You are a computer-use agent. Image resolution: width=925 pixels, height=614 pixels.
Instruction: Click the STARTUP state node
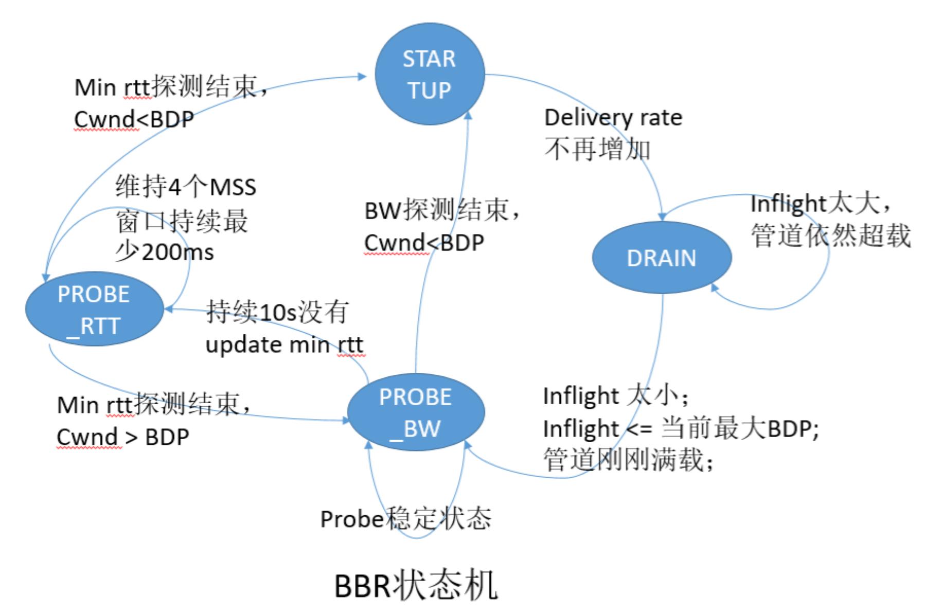point(430,74)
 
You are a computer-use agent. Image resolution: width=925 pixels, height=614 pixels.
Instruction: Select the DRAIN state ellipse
point(662,258)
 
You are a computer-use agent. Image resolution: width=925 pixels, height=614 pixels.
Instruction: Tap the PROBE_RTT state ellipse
point(94,309)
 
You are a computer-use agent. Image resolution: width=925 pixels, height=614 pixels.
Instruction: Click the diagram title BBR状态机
point(416,586)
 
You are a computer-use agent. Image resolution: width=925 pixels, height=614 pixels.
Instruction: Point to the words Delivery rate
point(613,118)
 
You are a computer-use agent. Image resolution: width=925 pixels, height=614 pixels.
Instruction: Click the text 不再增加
point(597,150)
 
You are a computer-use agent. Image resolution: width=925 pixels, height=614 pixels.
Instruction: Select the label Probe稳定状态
point(405,518)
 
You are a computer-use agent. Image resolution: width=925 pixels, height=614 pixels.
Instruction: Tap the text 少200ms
point(164,252)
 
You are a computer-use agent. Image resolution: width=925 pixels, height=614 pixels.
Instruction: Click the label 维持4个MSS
point(185,187)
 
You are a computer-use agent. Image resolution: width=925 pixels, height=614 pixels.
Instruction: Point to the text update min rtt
point(284,345)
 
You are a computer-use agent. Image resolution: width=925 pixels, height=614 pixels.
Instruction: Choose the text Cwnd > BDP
point(122,437)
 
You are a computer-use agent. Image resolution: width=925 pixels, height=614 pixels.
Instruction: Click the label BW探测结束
point(441,210)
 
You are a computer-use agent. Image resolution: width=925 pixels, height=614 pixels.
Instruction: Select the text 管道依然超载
point(830,236)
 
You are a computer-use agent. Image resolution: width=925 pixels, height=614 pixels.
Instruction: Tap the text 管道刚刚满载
point(628,459)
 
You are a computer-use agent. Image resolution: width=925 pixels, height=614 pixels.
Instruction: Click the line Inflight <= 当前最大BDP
point(680,428)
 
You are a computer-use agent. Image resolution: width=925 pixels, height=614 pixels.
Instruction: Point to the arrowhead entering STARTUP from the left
point(362,77)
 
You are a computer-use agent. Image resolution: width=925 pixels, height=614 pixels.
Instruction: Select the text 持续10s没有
point(277,312)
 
